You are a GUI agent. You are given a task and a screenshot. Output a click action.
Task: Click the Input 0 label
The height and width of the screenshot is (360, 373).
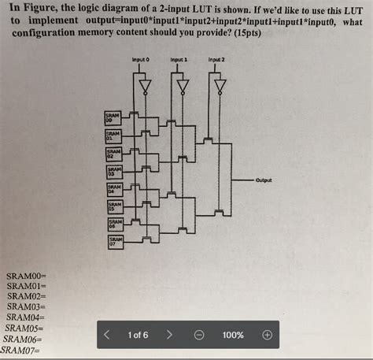click(142, 60)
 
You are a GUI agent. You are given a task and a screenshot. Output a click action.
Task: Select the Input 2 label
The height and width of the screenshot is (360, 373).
click(216, 60)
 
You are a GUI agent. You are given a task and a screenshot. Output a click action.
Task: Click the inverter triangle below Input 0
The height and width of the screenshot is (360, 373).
click(143, 85)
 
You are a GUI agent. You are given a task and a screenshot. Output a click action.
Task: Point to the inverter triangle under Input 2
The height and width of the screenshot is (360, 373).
click(220, 85)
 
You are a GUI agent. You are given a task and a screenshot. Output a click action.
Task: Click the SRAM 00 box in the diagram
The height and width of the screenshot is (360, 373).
click(113, 117)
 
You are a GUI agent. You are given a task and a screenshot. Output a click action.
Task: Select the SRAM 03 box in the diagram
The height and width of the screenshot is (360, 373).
click(113, 171)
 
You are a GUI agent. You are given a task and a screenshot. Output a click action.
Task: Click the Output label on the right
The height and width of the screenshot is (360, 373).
click(264, 180)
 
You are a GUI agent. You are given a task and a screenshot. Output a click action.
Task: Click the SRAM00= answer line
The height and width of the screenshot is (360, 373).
click(27, 276)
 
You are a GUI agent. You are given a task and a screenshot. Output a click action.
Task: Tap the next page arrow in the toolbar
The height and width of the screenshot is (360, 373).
click(168, 335)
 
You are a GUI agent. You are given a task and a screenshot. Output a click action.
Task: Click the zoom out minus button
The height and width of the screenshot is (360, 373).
click(199, 335)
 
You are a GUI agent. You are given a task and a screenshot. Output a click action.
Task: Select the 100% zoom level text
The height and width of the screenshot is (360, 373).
click(233, 335)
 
